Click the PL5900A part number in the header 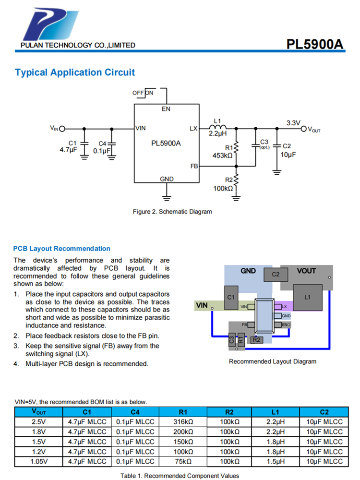coord(315,44)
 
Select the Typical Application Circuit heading coord(75,72)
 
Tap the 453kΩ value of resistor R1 coord(222,155)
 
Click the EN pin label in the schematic coord(166,109)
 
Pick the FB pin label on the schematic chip coord(194,166)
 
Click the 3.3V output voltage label coord(293,123)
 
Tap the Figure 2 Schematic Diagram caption coord(172,211)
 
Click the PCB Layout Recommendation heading coord(61,249)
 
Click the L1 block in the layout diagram coord(308,298)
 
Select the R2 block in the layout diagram coord(257,340)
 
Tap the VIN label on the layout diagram coord(202,305)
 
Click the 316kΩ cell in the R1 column coord(183,422)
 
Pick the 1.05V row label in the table coord(39,461)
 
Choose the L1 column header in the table coord(275,412)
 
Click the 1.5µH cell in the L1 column coord(275,461)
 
